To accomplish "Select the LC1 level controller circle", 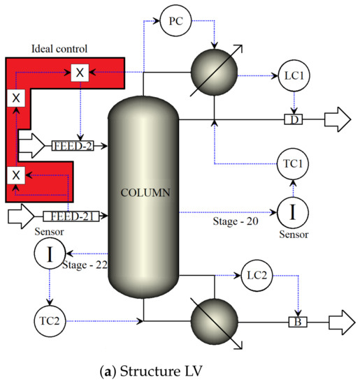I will pos(295,74).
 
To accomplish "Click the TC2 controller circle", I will pos(49,321).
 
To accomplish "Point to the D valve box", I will pos(294,120).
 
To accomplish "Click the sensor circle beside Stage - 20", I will pos(294,209).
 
